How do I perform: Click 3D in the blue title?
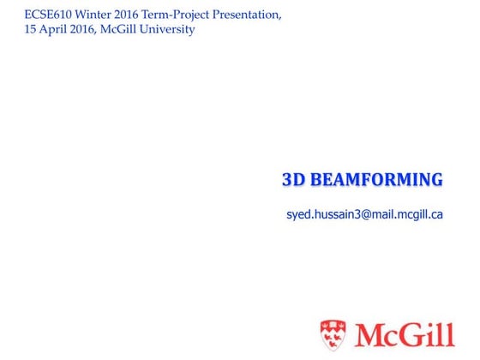pos(294,180)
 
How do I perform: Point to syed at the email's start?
pos(296,215)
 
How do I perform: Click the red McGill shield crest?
pos(334,334)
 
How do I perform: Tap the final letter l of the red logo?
pos(450,333)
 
